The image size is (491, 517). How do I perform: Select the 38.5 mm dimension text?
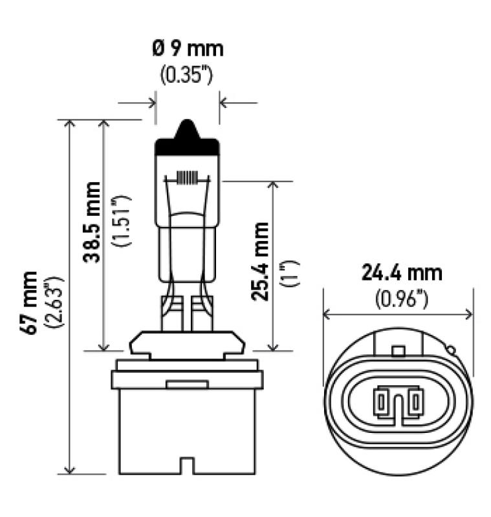tap(93, 222)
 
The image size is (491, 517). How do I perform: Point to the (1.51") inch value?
tap(121, 222)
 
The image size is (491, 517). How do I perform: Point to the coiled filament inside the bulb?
tap(187, 177)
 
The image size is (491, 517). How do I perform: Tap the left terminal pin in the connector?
tap(381, 404)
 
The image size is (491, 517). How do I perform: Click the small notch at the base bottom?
tap(187, 465)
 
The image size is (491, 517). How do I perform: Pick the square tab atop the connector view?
tap(399, 351)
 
